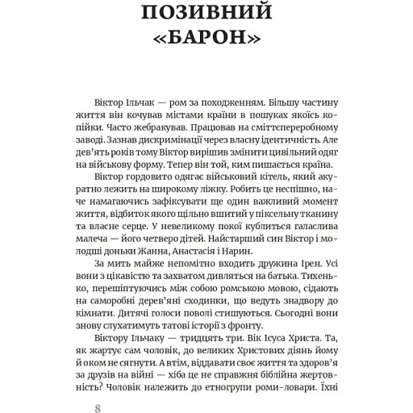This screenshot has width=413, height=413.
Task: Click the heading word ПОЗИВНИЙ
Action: pos(206,14)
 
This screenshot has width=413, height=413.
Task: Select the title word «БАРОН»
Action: pos(206,40)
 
